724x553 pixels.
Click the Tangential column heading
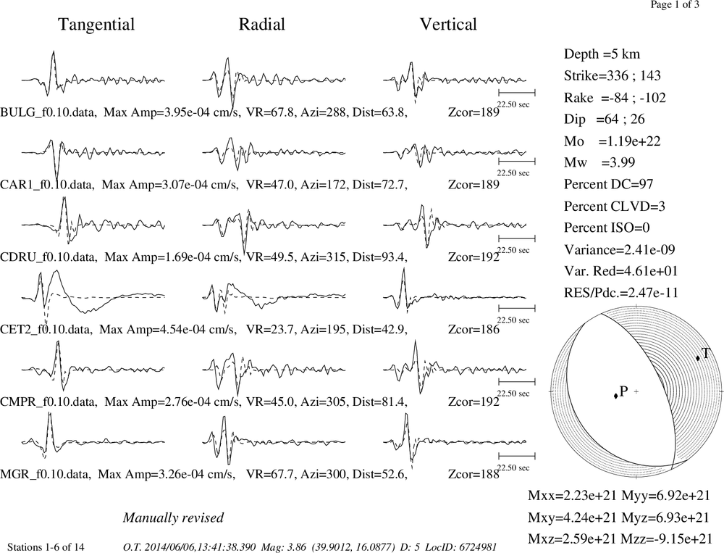pyautogui.click(x=96, y=25)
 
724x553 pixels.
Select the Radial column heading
pyautogui.click(x=262, y=25)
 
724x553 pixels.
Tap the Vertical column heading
pyautogui.click(x=448, y=25)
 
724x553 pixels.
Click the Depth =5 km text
pyautogui.click(x=602, y=54)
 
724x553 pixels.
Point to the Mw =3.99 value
pyautogui.click(x=599, y=162)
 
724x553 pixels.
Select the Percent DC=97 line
pyautogui.click(x=609, y=184)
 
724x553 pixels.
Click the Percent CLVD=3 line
pyautogui.click(x=615, y=206)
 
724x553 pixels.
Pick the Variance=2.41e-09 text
pyautogui.click(x=620, y=249)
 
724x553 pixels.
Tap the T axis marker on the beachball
pyautogui.click(x=698, y=358)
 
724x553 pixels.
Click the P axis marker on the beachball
pyautogui.click(x=615, y=395)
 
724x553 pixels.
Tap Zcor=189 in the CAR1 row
pyautogui.click(x=473, y=185)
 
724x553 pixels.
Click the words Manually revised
pyautogui.click(x=173, y=517)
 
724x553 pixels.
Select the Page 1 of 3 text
pyautogui.click(x=675, y=4)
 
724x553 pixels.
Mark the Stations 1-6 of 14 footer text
pyautogui.click(x=46, y=547)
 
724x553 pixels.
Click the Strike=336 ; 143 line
pyautogui.click(x=613, y=75)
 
